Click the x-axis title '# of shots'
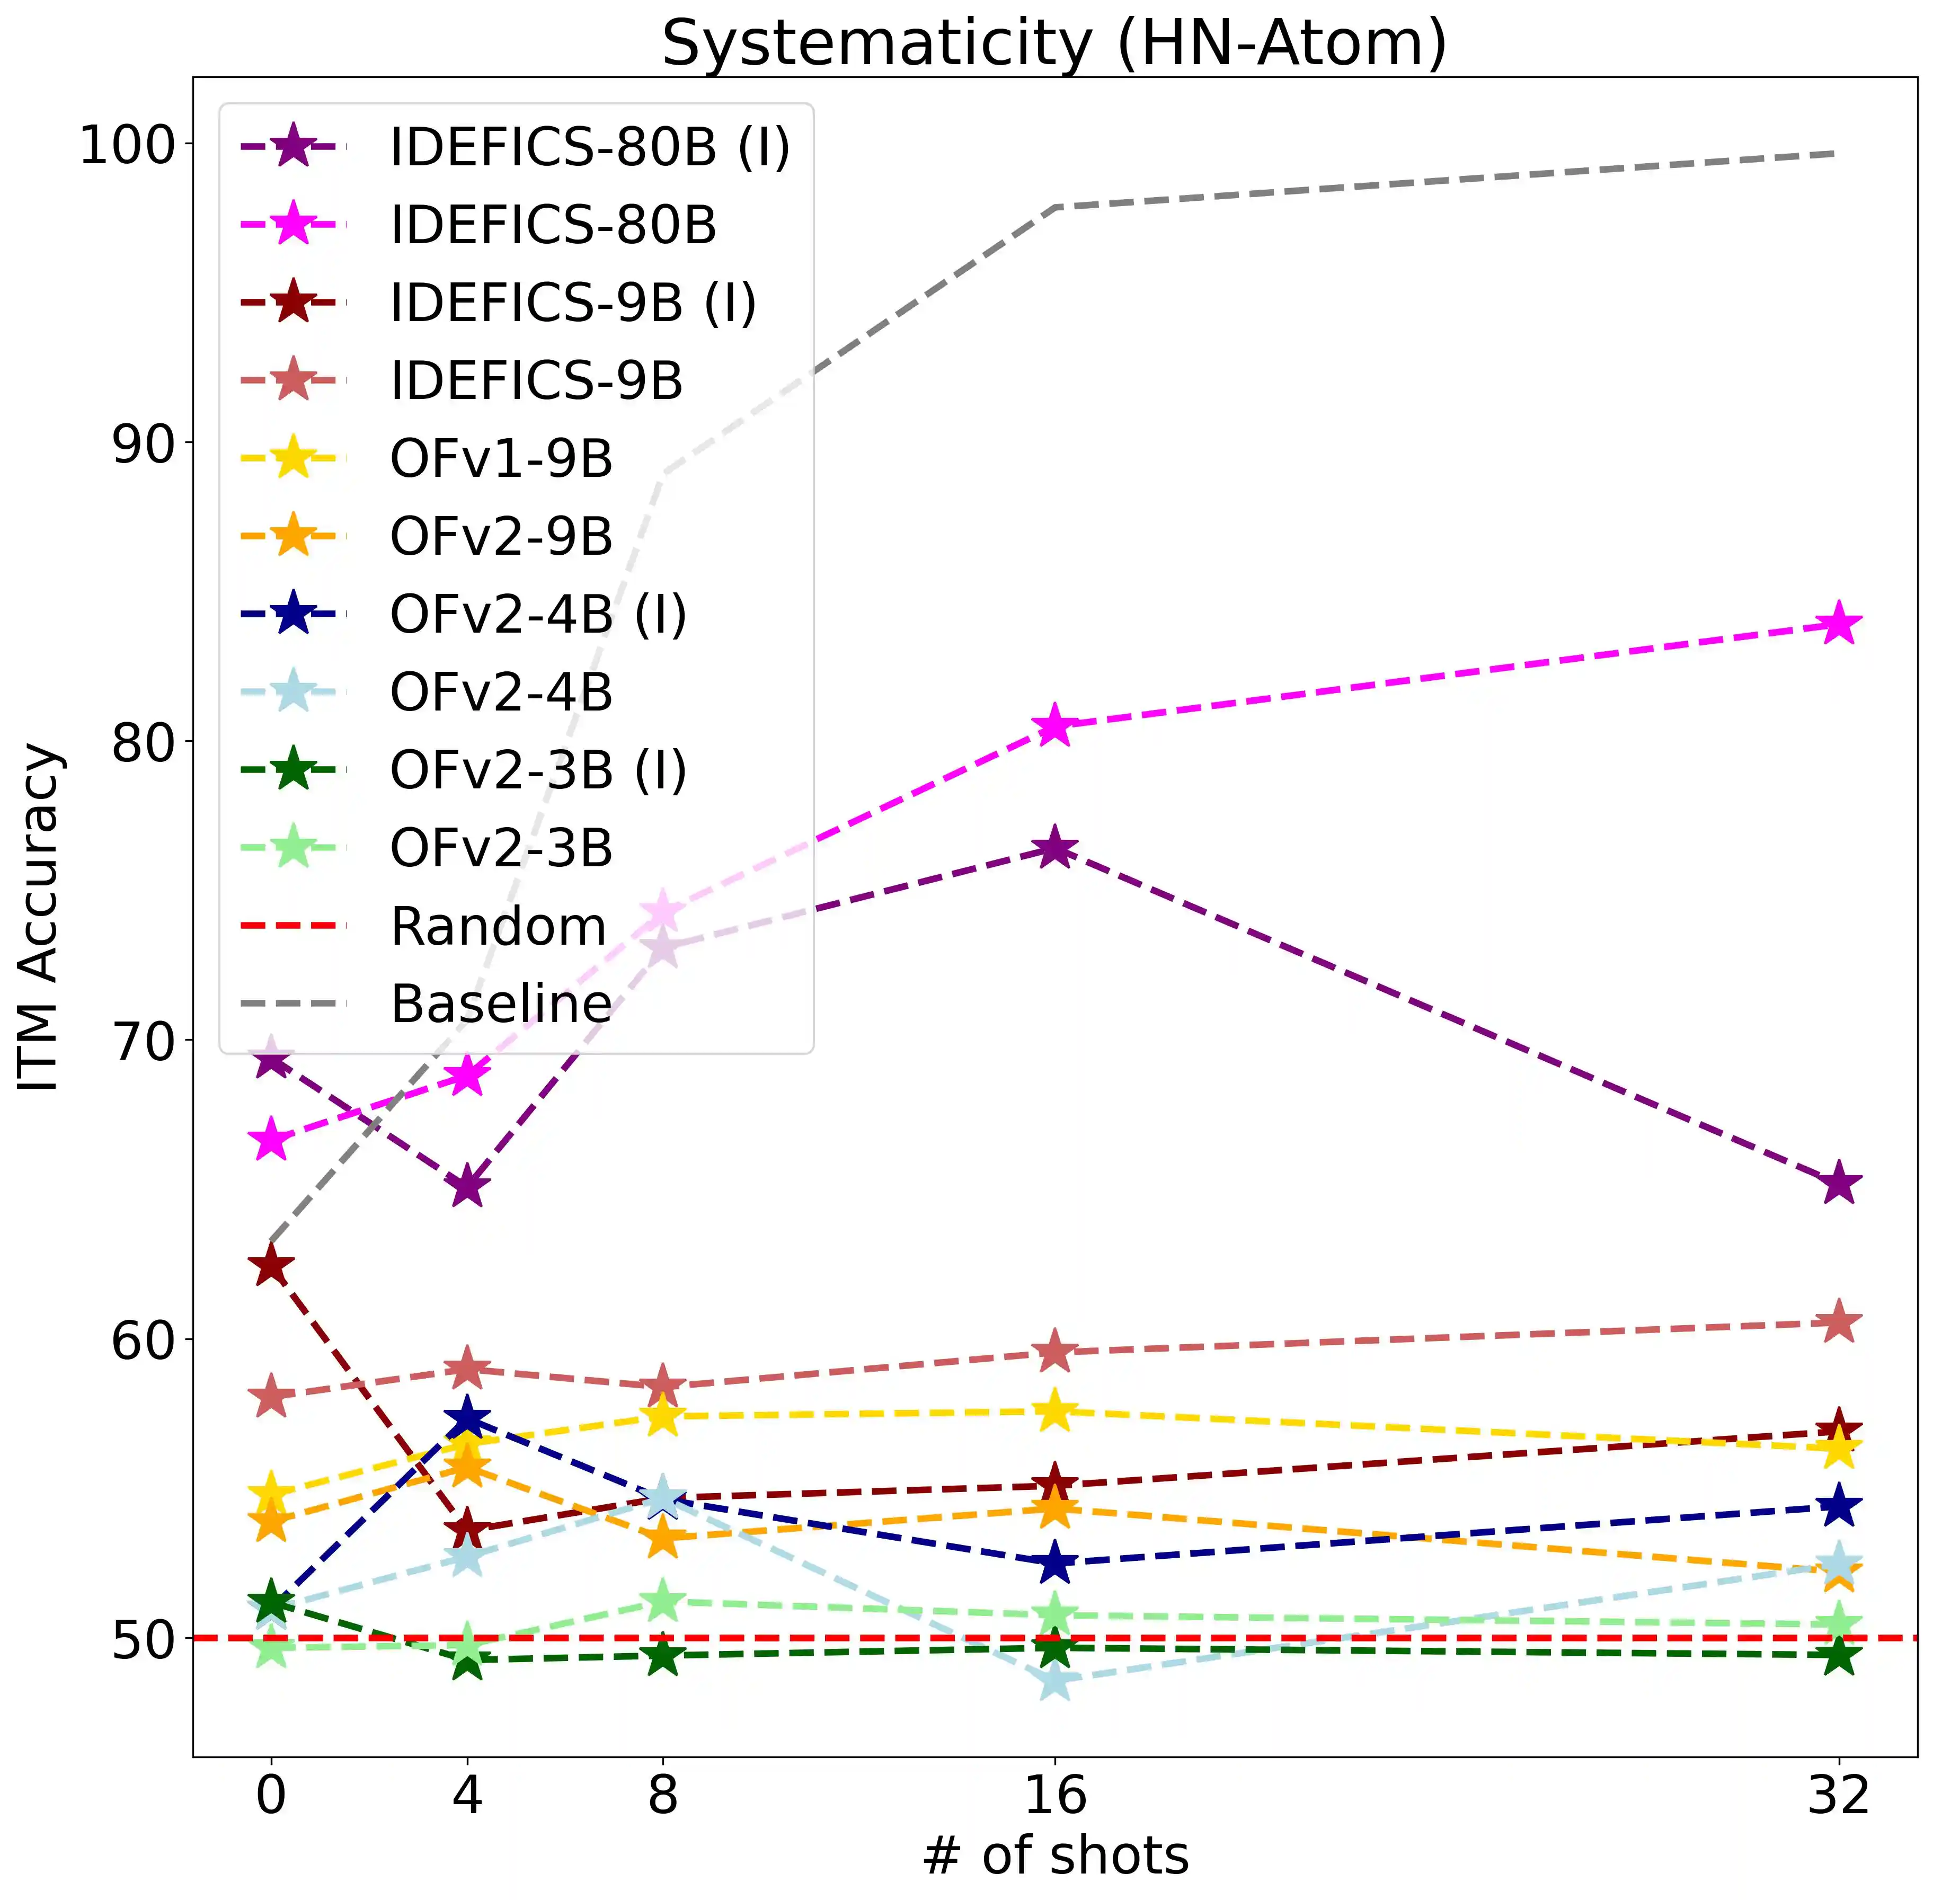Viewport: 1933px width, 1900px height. (x=1055, y=1856)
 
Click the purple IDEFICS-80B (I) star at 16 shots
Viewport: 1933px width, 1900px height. (x=1055, y=849)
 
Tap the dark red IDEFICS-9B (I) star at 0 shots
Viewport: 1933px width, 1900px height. (x=270, y=1266)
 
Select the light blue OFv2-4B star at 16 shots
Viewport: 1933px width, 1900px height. (x=1055, y=1682)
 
